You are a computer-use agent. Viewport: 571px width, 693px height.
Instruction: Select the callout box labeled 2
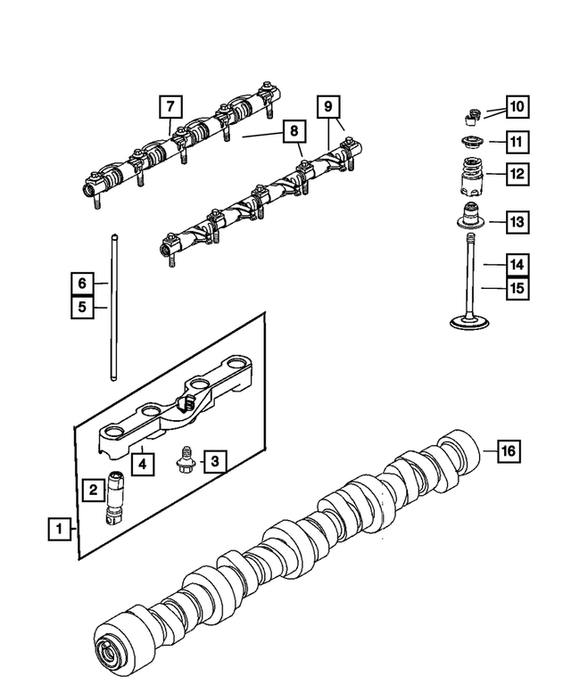tap(91, 489)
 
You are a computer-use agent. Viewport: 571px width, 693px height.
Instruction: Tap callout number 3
tap(214, 461)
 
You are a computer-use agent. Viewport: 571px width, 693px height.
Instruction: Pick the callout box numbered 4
tap(139, 464)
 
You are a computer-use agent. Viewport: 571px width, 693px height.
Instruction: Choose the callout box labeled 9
tap(329, 107)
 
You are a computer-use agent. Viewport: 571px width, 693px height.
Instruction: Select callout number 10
tap(517, 108)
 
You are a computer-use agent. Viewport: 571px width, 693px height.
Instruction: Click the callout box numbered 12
tap(517, 174)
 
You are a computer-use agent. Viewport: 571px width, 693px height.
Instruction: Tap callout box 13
tap(517, 220)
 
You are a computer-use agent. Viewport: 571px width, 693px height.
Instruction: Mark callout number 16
tap(507, 451)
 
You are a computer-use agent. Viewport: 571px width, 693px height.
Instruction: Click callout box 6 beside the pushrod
tap(81, 284)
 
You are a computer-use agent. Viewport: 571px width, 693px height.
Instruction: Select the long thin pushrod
tap(116, 303)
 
